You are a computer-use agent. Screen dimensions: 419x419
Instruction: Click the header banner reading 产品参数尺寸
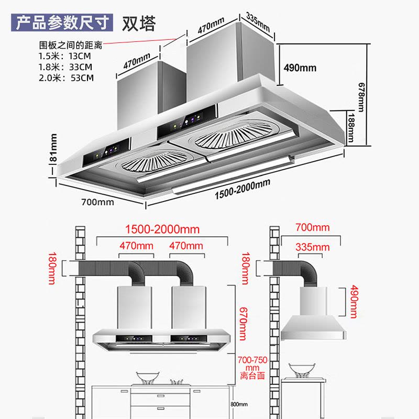click(62, 24)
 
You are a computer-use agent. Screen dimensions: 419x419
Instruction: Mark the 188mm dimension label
click(351, 127)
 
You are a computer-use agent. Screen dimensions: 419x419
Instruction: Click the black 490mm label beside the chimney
click(300, 68)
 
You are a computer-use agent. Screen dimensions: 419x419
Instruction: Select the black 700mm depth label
click(97, 202)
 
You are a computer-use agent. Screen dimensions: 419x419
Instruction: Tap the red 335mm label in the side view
click(312, 247)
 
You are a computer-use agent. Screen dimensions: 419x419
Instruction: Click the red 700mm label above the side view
click(312, 227)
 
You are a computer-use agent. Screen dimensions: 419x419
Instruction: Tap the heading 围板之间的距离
click(71, 46)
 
